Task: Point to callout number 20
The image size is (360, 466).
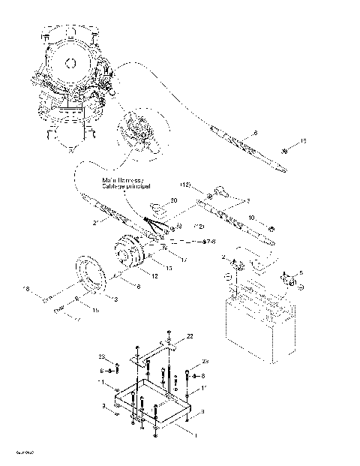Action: pos(173,200)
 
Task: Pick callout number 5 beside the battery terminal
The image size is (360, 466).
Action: pos(301,273)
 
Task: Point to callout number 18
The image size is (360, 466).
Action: pos(25,288)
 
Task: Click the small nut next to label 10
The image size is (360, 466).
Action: pos(270,227)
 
